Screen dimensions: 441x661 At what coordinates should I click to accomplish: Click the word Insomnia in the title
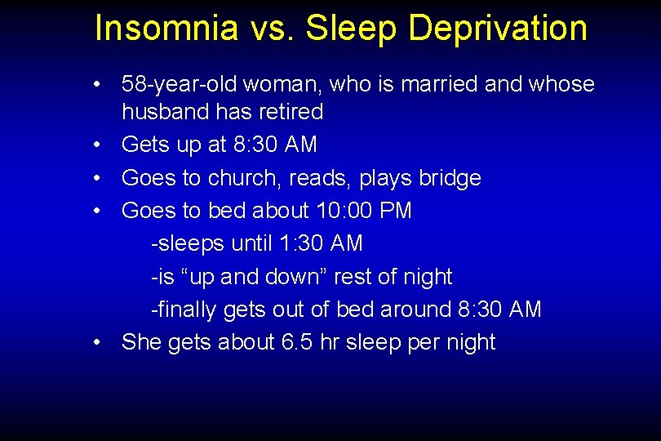166,28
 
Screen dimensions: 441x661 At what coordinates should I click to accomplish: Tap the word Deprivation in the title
497,28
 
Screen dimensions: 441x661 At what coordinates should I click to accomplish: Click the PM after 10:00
397,211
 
